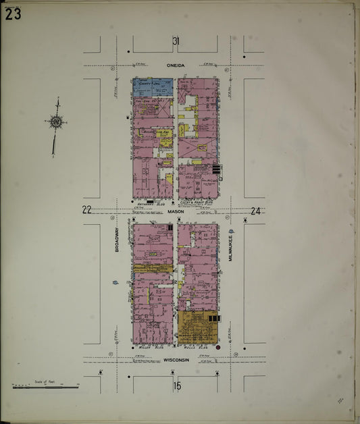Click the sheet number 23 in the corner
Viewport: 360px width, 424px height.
[x=13, y=14]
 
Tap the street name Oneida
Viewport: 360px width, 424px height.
[x=176, y=65]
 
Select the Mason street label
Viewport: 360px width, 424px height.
[x=176, y=211]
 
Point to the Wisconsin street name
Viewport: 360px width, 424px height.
[x=176, y=360]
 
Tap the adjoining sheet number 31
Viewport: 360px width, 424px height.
[x=176, y=42]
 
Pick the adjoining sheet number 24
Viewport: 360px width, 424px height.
[x=255, y=211]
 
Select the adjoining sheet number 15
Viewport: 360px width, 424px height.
[x=177, y=386]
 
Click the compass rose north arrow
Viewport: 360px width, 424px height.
[x=56, y=122]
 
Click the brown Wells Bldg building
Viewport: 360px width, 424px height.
[x=197, y=327]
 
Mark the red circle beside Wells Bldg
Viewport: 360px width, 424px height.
[x=217, y=347]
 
